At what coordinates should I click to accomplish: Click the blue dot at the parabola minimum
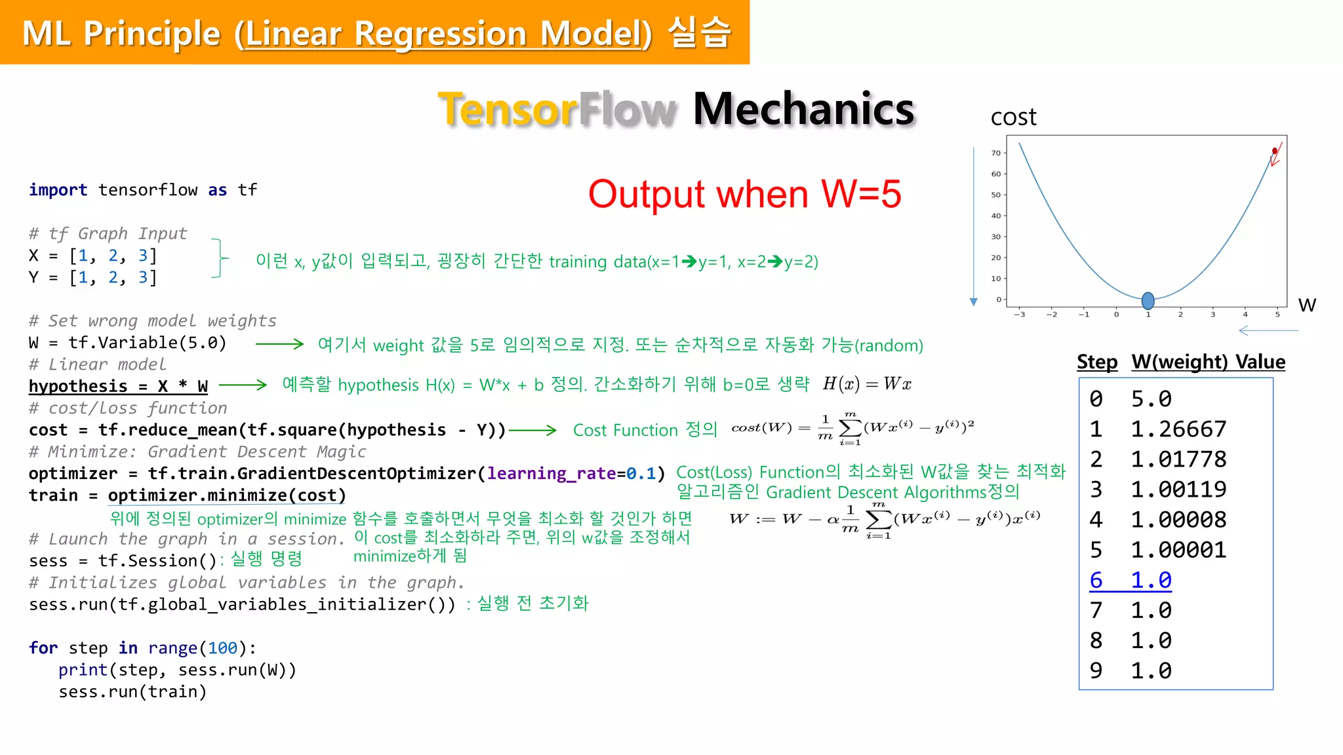[x=1148, y=301]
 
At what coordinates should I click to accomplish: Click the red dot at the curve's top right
[x=1274, y=151]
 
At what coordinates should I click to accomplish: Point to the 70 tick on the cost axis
[x=995, y=153]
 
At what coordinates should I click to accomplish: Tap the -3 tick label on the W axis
[x=1019, y=315]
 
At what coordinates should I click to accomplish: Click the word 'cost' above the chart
[x=1013, y=117]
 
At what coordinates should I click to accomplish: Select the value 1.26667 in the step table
[x=1178, y=429]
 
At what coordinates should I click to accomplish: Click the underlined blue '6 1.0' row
[x=1131, y=581]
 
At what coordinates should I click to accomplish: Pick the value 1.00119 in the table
[x=1178, y=490]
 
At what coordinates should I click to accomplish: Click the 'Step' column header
[x=1096, y=362]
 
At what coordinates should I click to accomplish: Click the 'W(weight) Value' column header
[x=1208, y=362]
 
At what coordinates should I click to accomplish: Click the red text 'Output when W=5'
[x=744, y=195]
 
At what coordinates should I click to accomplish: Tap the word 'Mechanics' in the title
[x=803, y=109]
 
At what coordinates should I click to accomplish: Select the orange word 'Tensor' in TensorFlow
[x=508, y=109]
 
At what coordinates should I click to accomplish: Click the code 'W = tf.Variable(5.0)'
[x=128, y=343]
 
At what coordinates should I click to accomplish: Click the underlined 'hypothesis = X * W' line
[x=118, y=387]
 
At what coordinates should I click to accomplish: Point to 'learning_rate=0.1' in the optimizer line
[x=571, y=474]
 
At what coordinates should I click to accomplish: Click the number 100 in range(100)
[x=222, y=648]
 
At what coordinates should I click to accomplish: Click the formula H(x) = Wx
[x=867, y=384]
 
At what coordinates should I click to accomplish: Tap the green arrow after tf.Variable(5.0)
[x=279, y=344]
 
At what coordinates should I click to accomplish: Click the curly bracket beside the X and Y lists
[x=220, y=259]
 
